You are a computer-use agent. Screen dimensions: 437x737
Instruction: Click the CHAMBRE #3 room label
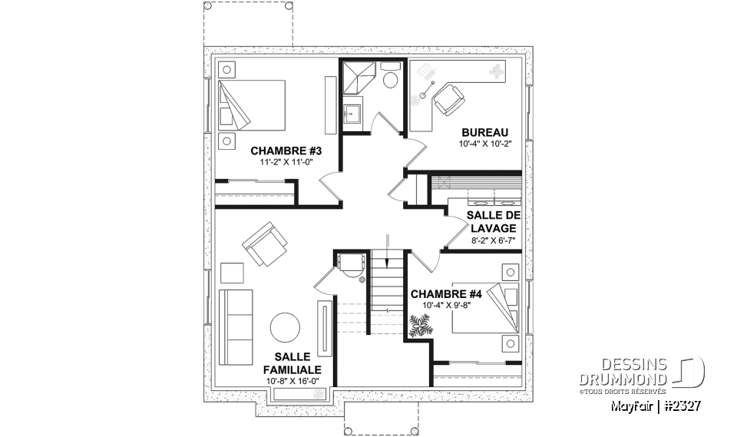[x=285, y=151]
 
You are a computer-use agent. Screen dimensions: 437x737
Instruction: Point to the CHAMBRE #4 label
[x=446, y=294]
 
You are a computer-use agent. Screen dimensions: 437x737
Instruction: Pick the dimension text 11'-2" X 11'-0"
[x=285, y=162]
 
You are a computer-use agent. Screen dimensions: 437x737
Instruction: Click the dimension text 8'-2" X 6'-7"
[x=491, y=240]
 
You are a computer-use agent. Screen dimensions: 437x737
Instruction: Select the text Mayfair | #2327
[x=656, y=405]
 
